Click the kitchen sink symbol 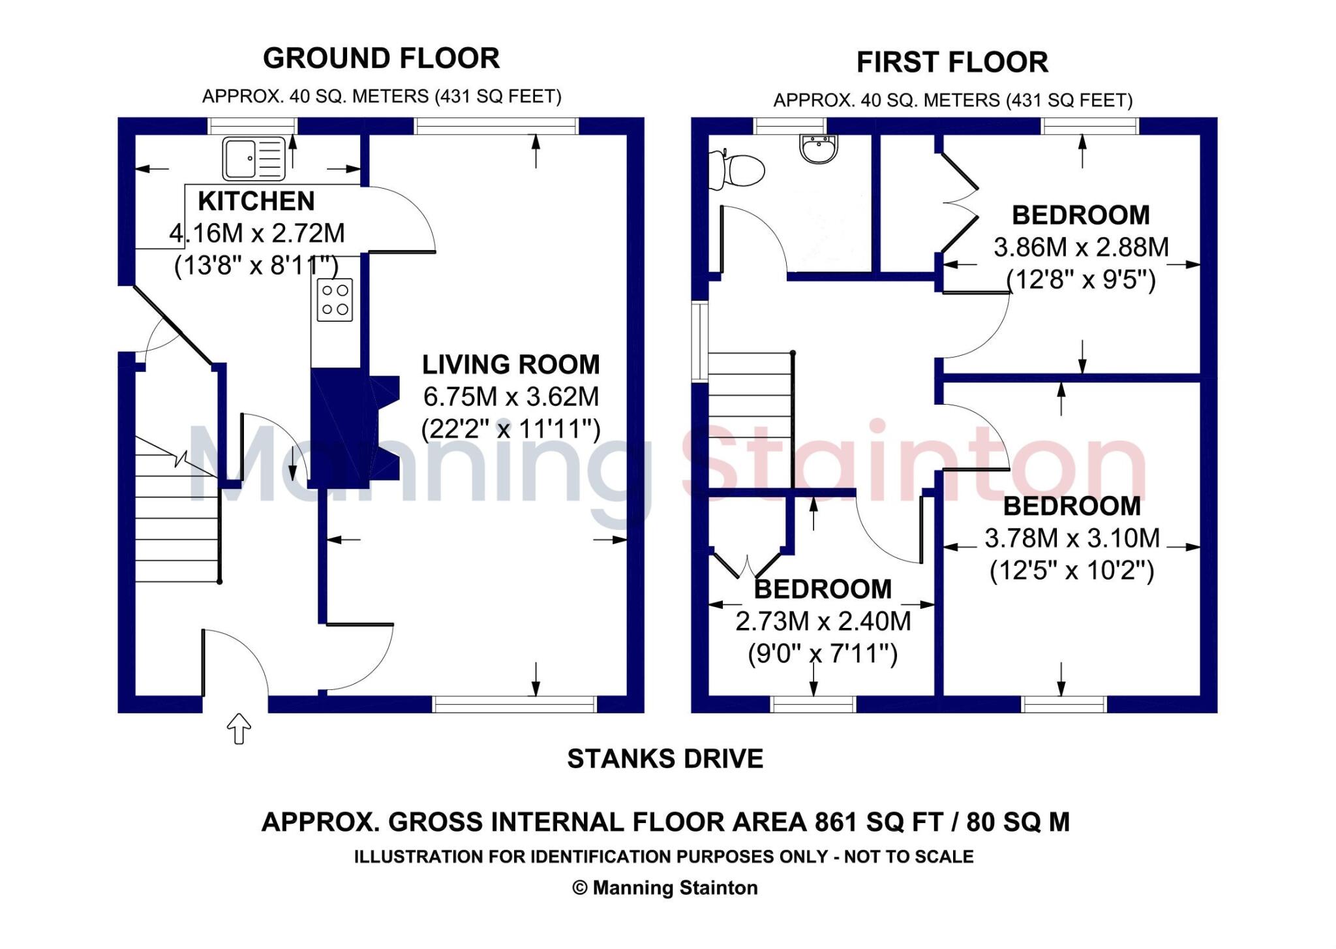[254, 158]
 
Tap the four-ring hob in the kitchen [335, 300]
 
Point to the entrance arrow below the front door [239, 728]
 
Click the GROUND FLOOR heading [381, 59]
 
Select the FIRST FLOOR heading [952, 63]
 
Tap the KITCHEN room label [256, 201]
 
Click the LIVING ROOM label [511, 364]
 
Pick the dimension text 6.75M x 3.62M [511, 396]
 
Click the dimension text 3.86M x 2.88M [1081, 247]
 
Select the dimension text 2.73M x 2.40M [823, 621]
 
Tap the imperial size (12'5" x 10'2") [1072, 570]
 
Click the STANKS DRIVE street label [665, 759]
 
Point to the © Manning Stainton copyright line [665, 888]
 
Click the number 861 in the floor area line [837, 822]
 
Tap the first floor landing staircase [750, 418]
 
